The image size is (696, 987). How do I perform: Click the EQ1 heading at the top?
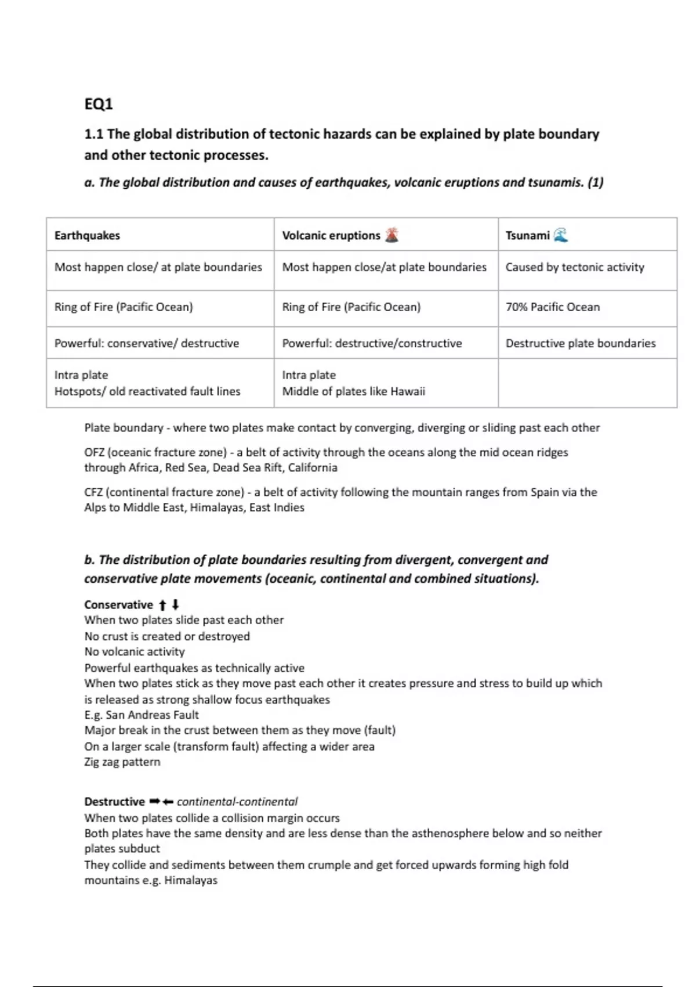click(x=99, y=104)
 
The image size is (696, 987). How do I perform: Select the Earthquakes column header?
click(x=87, y=235)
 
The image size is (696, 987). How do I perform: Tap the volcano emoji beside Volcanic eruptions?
click(x=392, y=235)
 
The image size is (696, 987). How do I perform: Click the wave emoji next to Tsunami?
click(x=560, y=235)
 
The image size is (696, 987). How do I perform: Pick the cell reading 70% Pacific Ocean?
click(x=553, y=307)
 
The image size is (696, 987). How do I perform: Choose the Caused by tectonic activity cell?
click(x=575, y=267)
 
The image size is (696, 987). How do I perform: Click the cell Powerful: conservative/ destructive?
click(x=147, y=343)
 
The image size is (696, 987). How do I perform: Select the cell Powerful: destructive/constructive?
click(x=372, y=343)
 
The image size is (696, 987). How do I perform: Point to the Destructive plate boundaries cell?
click(x=581, y=343)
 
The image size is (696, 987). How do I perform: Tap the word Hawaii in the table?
click(x=408, y=391)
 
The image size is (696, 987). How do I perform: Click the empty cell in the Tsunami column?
click(x=587, y=383)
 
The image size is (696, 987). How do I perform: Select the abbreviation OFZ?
click(x=94, y=452)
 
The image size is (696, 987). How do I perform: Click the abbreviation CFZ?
click(x=93, y=492)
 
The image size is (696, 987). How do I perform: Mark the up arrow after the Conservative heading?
click(x=162, y=605)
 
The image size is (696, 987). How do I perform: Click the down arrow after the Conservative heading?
click(x=175, y=605)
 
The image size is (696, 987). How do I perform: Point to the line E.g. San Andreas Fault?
click(x=142, y=715)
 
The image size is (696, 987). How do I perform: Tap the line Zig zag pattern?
click(x=122, y=762)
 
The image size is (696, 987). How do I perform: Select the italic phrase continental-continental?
click(x=237, y=802)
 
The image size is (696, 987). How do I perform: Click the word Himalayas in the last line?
click(x=191, y=880)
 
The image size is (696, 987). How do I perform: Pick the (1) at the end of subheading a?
click(x=595, y=182)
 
